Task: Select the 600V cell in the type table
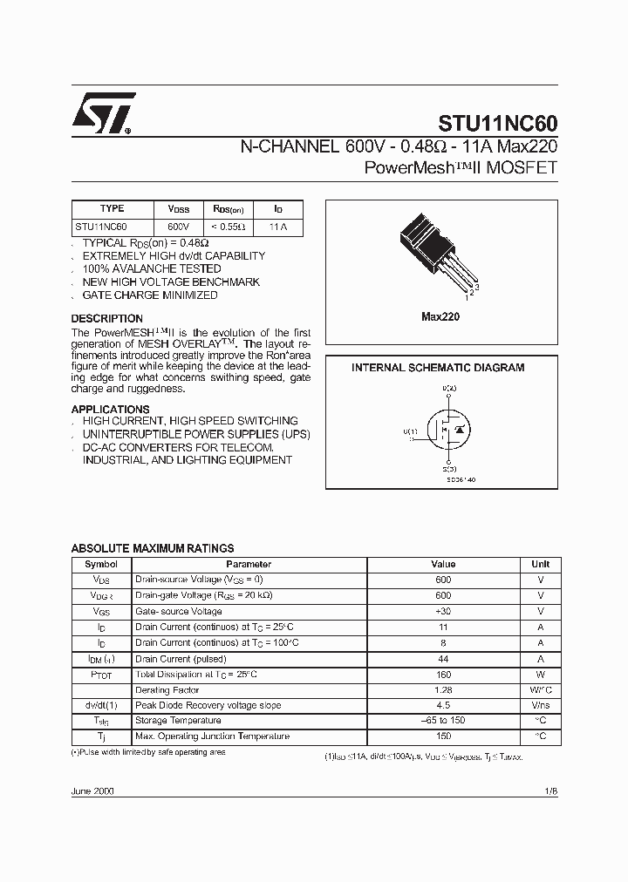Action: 178,227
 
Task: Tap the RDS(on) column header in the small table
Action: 229,209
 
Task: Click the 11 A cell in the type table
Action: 278,227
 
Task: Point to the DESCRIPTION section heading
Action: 106,319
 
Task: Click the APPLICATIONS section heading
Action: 110,410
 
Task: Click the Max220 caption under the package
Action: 440,317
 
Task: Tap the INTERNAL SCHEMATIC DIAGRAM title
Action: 438,368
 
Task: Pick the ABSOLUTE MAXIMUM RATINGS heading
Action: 152,548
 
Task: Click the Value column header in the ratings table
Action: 443,564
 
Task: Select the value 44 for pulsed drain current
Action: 443,659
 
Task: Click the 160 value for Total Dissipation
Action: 443,675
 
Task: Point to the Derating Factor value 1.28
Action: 443,689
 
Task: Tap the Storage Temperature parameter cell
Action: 177,721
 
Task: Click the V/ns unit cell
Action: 540,705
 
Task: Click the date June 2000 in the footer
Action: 92,790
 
